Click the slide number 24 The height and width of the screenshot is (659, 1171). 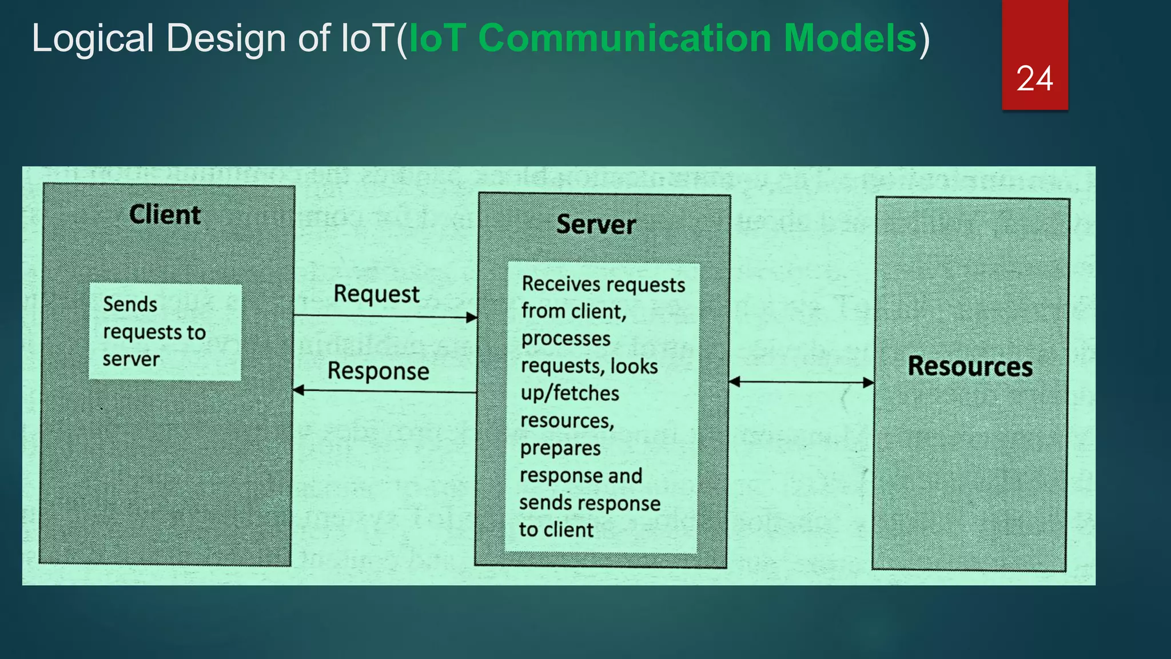click(x=1034, y=78)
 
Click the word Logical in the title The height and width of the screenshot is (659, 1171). click(x=92, y=38)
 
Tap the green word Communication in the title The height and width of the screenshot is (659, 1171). click(x=624, y=38)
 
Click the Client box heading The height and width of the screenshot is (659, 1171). click(x=165, y=215)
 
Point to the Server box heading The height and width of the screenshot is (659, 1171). click(x=596, y=224)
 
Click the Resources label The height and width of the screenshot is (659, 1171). click(x=970, y=366)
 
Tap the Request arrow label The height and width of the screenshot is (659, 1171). click(x=376, y=294)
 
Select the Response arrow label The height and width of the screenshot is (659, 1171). click(x=378, y=371)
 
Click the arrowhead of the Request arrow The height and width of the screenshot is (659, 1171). click(x=472, y=317)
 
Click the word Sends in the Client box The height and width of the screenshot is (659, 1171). click(x=130, y=304)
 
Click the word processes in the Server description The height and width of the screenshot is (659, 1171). click(x=565, y=339)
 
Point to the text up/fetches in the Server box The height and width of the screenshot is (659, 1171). click(x=569, y=394)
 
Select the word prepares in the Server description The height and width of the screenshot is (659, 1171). click(x=560, y=448)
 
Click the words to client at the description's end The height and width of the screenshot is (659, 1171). click(x=556, y=530)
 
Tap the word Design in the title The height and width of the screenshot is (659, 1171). click(x=225, y=38)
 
